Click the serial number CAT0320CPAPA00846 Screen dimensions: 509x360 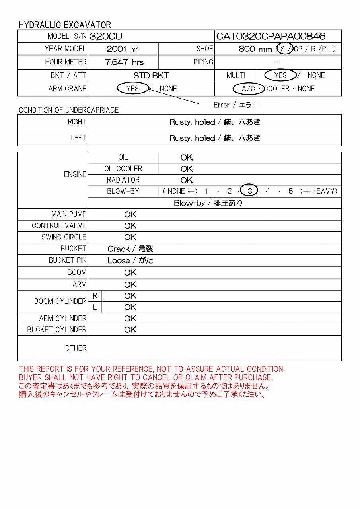click(270, 37)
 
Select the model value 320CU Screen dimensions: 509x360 click(106, 37)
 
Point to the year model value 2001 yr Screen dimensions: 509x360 click(123, 49)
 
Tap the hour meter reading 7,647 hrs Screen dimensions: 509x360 click(124, 62)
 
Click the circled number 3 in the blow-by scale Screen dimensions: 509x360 click(250, 191)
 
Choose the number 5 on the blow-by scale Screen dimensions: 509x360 click(291, 191)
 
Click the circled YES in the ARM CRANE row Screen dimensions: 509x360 click(132, 89)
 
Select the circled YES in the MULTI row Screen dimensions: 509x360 click(280, 75)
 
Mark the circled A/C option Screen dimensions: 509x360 click(249, 89)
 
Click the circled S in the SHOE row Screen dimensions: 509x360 click(283, 49)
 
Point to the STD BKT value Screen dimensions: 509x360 click(151, 76)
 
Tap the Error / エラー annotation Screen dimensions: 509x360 click(236, 105)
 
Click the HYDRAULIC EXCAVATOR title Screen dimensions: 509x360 click(65, 25)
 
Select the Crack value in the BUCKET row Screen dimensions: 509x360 click(130, 249)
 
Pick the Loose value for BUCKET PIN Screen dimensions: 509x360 click(130, 261)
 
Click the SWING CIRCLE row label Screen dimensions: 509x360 click(64, 237)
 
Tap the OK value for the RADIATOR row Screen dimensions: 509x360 click(186, 180)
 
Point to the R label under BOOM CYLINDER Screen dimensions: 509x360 click(95, 296)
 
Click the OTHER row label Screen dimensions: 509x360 click(76, 348)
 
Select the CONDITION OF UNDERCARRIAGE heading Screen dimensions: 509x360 click(68, 110)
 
